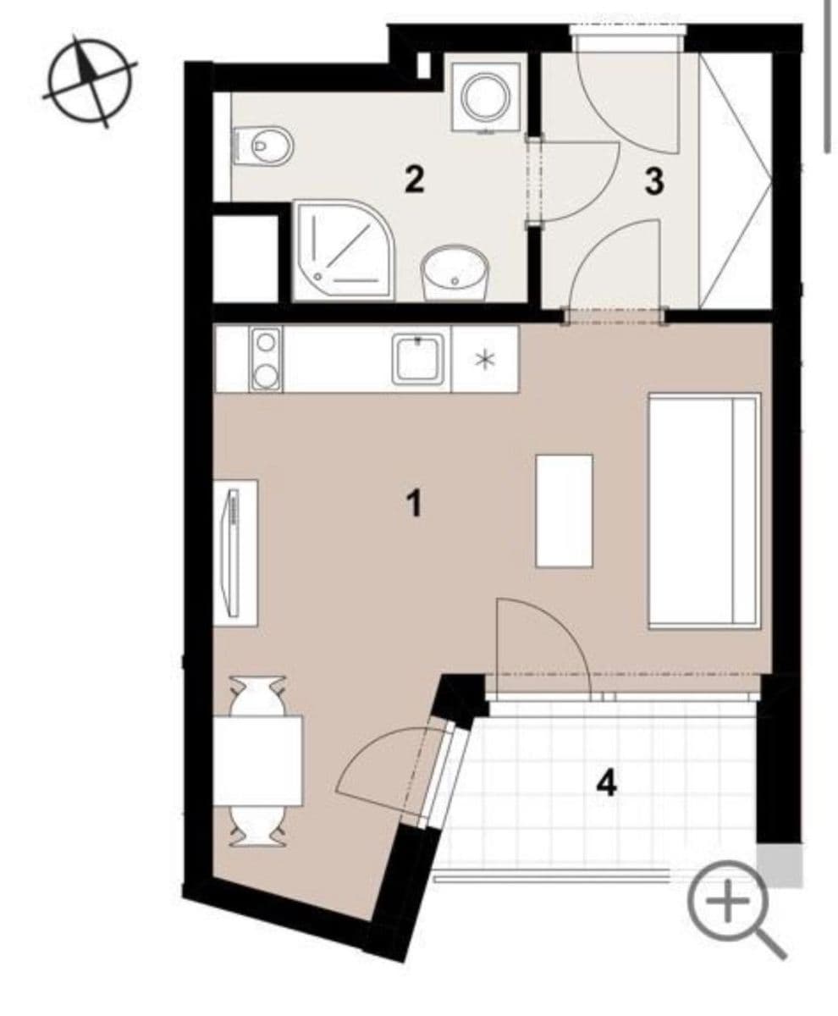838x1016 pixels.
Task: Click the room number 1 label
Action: pos(413,505)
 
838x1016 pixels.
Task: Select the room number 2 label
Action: pos(413,179)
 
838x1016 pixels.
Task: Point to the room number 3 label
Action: pos(653,181)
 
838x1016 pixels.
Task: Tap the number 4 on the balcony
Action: pos(606,783)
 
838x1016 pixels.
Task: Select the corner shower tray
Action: pos(342,249)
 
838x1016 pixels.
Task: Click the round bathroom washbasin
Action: pos(455,272)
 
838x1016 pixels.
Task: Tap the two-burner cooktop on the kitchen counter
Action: pos(266,359)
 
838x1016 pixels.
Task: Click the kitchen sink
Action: pos(418,358)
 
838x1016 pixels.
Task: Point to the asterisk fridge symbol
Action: pos(485,360)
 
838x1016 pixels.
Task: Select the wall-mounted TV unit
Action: pos(235,552)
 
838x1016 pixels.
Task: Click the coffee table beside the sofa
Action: pos(564,511)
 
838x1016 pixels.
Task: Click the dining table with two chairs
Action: pos(257,759)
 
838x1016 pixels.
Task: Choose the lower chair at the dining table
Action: pos(257,826)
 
